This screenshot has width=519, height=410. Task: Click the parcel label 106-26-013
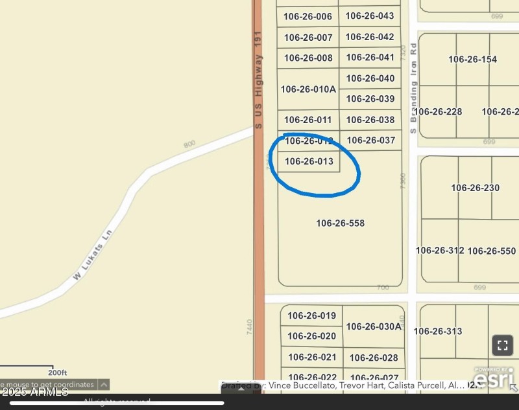309,161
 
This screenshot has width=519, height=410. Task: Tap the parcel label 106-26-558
340,223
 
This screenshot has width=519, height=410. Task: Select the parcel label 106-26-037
370,140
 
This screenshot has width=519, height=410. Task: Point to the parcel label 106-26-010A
308,89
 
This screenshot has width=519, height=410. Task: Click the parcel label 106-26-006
308,17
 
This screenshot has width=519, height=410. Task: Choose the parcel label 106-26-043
370,16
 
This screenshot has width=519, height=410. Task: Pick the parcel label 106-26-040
370,78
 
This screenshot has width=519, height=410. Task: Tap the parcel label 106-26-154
472,60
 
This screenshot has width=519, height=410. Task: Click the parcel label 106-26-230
475,188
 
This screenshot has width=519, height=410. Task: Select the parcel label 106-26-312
440,251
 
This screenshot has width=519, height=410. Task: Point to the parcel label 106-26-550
491,251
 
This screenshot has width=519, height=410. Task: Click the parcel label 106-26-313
438,332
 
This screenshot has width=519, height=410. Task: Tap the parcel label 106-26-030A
374,326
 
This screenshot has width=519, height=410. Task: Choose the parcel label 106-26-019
312,316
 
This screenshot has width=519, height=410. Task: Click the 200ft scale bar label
57,372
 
